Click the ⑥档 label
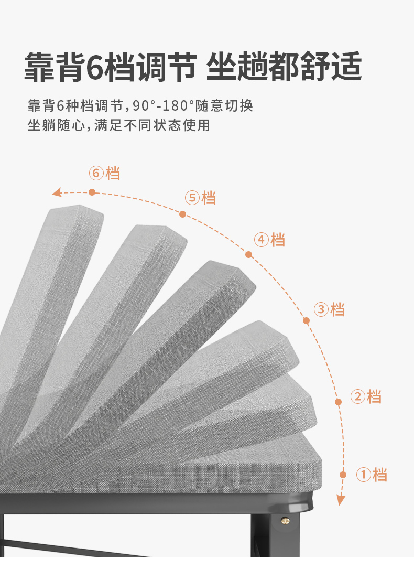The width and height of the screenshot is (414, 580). pyautogui.click(x=104, y=173)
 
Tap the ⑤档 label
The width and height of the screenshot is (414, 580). pyautogui.click(x=200, y=198)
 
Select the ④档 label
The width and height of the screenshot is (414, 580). pyautogui.click(x=270, y=240)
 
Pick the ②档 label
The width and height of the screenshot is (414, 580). pyautogui.click(x=366, y=396)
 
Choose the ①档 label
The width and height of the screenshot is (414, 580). pyautogui.click(x=372, y=475)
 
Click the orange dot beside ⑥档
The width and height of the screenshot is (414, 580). pyautogui.click(x=92, y=192)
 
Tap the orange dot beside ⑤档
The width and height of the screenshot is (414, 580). pyautogui.click(x=182, y=214)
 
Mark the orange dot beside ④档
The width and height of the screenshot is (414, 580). pyautogui.click(x=248, y=255)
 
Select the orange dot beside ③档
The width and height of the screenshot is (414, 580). pyautogui.click(x=307, y=320)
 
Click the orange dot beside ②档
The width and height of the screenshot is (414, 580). pyautogui.click(x=339, y=402)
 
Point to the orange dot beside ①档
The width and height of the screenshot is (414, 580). pyautogui.click(x=343, y=475)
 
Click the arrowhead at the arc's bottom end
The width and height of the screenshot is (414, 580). pyautogui.click(x=341, y=500)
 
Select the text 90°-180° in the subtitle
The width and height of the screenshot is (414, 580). pyautogui.click(x=164, y=106)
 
